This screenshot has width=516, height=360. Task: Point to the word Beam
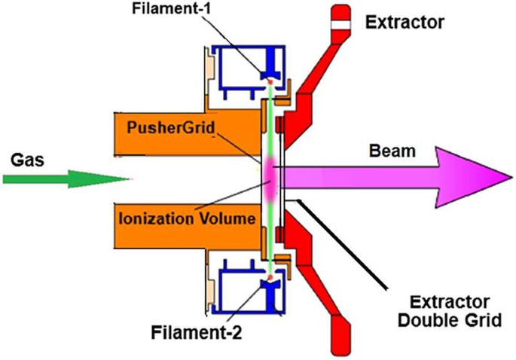pos(393,151)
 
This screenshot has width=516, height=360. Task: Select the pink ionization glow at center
pos(269,177)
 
